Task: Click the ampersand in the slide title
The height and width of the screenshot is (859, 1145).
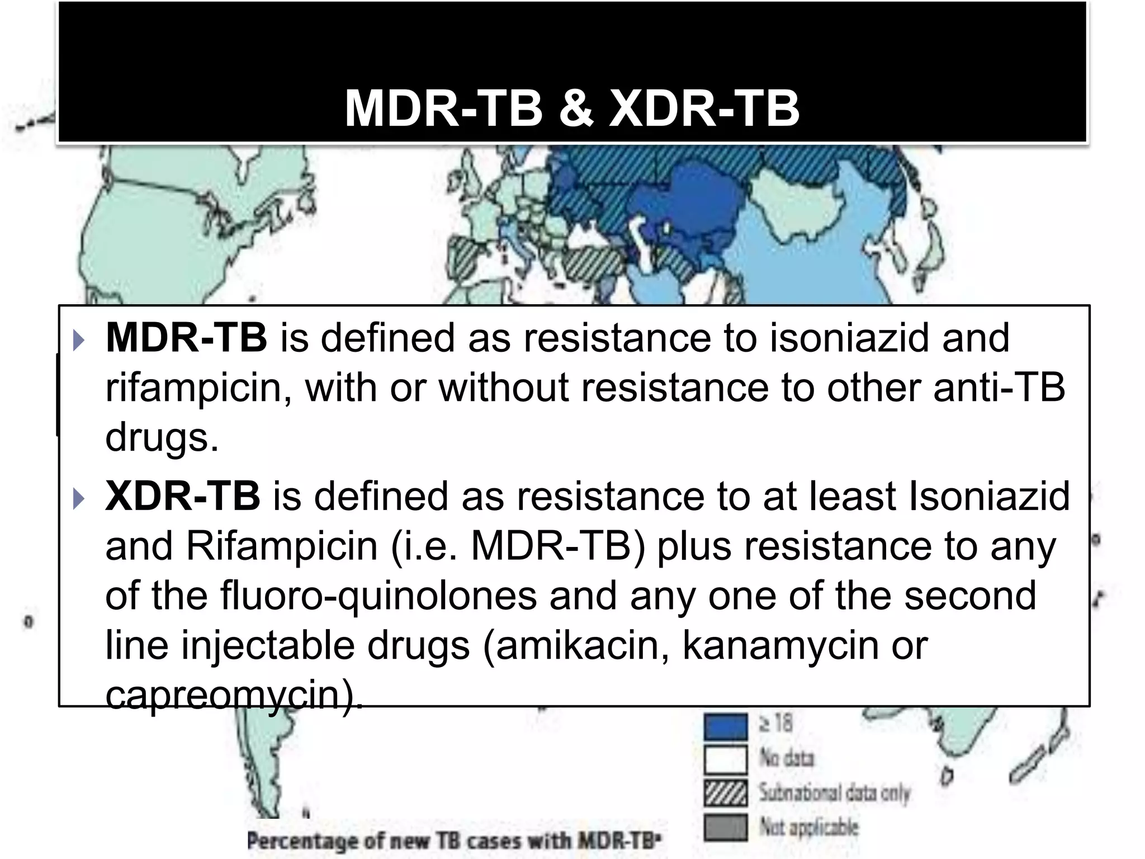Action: (x=576, y=108)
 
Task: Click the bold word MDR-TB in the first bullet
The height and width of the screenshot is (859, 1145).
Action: (x=186, y=338)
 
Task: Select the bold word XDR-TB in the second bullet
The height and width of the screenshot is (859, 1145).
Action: (x=183, y=496)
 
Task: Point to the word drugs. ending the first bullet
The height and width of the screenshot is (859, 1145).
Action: (x=162, y=437)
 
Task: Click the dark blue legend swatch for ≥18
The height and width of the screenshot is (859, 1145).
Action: (x=725, y=726)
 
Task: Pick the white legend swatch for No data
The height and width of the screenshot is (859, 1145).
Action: (x=725, y=759)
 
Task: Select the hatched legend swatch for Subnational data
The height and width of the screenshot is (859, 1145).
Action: (x=725, y=794)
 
